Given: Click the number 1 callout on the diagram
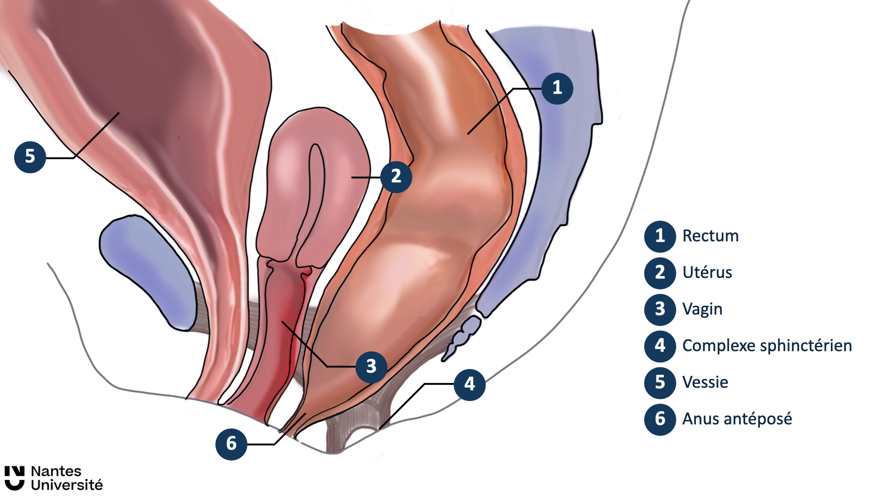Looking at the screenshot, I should tap(557, 88).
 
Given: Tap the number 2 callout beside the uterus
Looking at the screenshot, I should tap(396, 176).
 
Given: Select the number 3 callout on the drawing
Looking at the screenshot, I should tap(371, 366).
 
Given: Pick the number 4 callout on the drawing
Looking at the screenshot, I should tap(469, 384).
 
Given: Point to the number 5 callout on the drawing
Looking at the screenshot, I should tap(30, 157).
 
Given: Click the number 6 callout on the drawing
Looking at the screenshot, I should tap(231, 444).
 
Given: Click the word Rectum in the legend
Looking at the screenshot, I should tap(710, 236).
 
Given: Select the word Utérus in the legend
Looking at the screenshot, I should tap(707, 273).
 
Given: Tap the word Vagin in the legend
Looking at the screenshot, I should tap(702, 309).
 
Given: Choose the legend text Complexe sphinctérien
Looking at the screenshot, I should tap(767, 346).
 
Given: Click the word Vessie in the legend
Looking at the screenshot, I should tap(705, 383).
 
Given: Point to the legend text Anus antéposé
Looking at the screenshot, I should tap(737, 419).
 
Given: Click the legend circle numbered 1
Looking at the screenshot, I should tap(660, 236).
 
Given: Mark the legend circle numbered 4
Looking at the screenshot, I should tap(660, 346).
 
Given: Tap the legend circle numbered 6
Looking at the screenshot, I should tap(660, 419).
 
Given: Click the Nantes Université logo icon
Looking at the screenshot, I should tap(14, 478).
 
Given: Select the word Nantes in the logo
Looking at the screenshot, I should tap(56, 472).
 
